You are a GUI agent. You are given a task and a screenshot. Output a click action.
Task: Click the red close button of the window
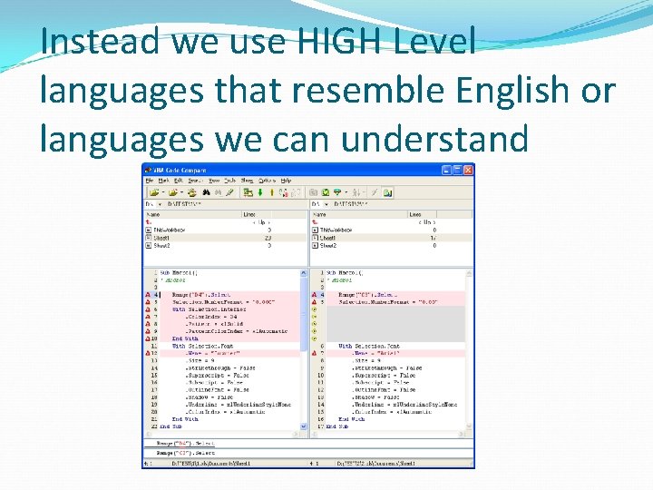click(x=468, y=170)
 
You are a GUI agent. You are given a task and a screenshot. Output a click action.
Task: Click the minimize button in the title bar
click(x=446, y=170)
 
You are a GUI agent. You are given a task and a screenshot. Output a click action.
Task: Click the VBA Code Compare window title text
click(x=180, y=170)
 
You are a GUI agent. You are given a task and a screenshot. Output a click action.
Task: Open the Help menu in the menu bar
click(x=286, y=181)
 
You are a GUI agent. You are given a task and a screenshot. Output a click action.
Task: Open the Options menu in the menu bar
click(x=267, y=181)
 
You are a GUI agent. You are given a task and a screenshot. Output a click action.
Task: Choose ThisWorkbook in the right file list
click(x=336, y=230)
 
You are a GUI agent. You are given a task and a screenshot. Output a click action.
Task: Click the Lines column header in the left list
click(x=249, y=215)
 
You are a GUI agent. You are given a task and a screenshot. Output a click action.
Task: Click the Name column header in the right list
click(x=318, y=215)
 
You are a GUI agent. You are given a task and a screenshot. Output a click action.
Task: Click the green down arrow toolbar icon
click(x=260, y=192)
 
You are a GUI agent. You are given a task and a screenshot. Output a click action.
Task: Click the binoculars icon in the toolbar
click(x=207, y=192)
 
